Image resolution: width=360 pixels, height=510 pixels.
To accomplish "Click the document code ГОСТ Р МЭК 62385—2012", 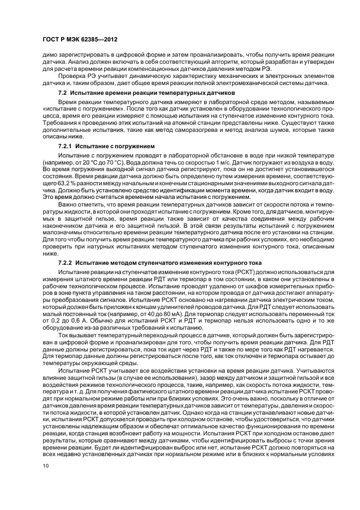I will click(x=80, y=40).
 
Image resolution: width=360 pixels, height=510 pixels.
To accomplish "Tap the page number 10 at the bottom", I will click(x=46, y=465).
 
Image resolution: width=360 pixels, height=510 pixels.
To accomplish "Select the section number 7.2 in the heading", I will click(x=62, y=93).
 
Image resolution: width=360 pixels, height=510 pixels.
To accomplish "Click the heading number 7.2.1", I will click(x=65, y=147).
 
